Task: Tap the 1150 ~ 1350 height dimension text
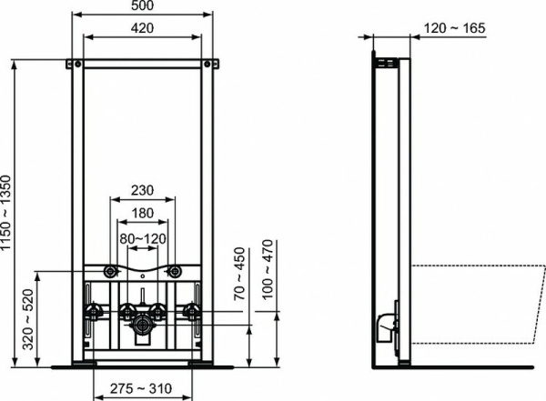pos(9,213)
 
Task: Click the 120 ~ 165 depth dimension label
pos(455,28)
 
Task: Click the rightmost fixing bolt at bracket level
pos(191,312)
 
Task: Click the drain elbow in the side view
pos(386,323)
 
